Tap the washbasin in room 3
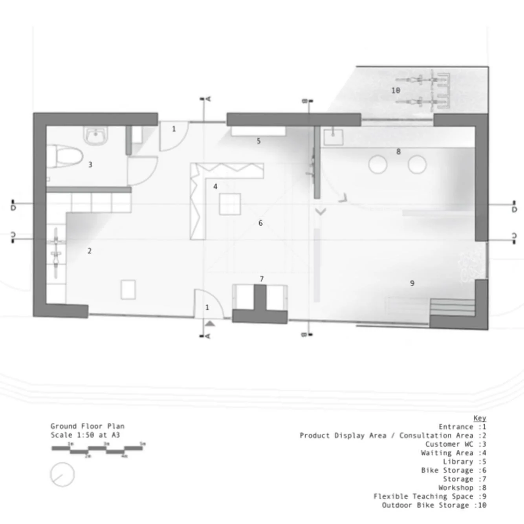click(x=95, y=136)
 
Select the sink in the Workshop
click(x=333, y=137)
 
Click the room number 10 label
click(x=396, y=90)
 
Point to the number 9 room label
click(x=412, y=283)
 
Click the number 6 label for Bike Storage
click(x=260, y=223)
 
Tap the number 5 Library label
click(x=258, y=141)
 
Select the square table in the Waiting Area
click(x=230, y=204)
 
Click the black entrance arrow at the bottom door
click(x=210, y=324)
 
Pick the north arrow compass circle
click(x=62, y=475)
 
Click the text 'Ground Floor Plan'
click(x=87, y=426)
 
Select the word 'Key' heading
click(x=480, y=418)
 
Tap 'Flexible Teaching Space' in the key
click(x=423, y=497)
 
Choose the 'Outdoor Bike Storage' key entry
click(x=425, y=505)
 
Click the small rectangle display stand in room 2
click(x=128, y=289)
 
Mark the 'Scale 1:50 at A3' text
click(x=85, y=435)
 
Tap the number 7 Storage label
click(x=262, y=279)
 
